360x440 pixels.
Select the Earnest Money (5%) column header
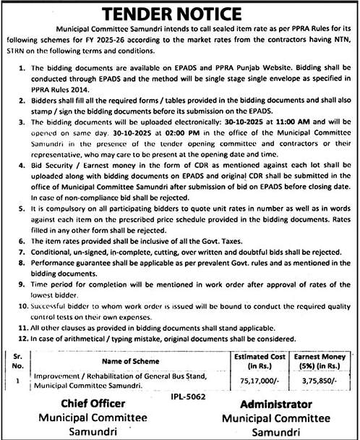point(322,360)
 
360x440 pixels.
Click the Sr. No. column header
point(18,360)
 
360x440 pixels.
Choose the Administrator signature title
point(269,404)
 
